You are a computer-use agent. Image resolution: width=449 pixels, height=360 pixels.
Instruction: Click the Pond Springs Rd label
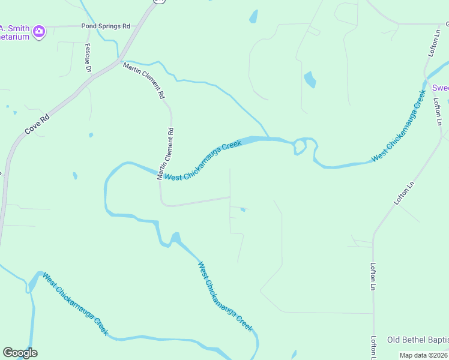pos(106,26)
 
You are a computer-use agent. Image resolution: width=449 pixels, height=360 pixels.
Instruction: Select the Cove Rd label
pos(37,123)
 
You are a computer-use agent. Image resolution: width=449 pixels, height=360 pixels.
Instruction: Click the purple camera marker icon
pos(39,31)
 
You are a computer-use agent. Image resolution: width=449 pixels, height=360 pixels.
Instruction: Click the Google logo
pos(20,353)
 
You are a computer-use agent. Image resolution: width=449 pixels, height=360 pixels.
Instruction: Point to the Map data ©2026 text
pos(424,355)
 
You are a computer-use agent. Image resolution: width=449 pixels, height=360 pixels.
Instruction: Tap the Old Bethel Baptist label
pos(418,340)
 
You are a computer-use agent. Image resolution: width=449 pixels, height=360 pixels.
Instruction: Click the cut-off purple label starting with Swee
pos(441,88)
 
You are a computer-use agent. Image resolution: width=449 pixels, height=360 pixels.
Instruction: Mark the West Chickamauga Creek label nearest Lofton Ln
pos(399,126)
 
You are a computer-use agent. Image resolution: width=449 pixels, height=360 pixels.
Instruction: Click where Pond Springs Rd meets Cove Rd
pos(142,26)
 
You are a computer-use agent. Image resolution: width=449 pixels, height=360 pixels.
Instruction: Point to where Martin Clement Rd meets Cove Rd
pos(118,60)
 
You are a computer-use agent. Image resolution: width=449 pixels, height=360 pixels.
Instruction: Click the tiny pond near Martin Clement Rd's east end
pos(243,209)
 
